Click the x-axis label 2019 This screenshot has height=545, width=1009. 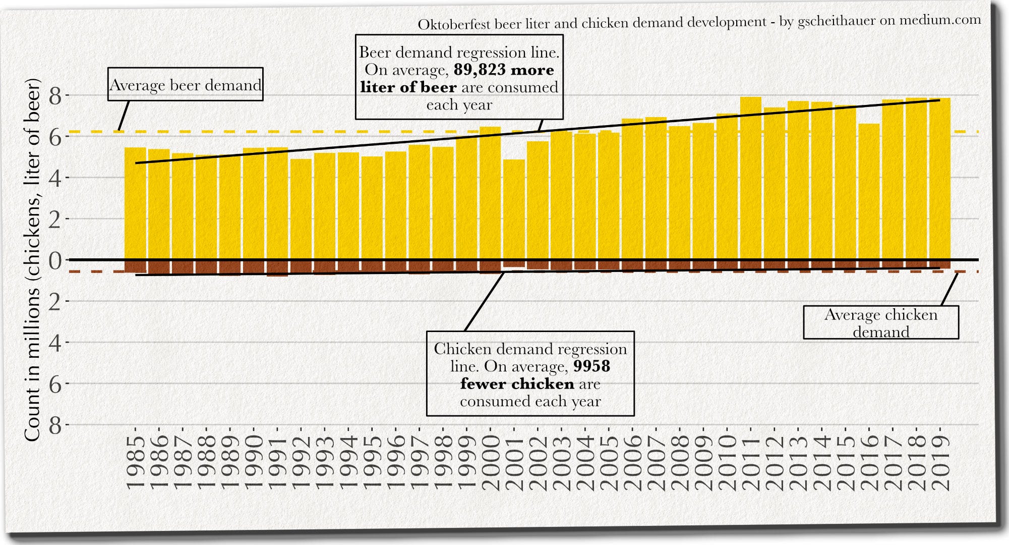pyautogui.click(x=940, y=463)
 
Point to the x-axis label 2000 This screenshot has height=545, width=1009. pyautogui.click(x=491, y=463)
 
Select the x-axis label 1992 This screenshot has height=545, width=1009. pyautogui.click(x=301, y=463)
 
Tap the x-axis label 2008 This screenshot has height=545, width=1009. pyautogui.click(x=680, y=463)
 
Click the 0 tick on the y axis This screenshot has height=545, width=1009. pyautogui.click(x=55, y=260)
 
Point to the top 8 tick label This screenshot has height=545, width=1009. pyautogui.click(x=55, y=96)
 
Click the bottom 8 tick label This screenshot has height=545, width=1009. pyautogui.click(x=55, y=426)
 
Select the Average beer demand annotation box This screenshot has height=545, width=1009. pyautogui.click(x=186, y=85)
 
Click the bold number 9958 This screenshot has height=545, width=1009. pyautogui.click(x=591, y=366)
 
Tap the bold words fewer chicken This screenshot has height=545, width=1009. pyautogui.click(x=517, y=384)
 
